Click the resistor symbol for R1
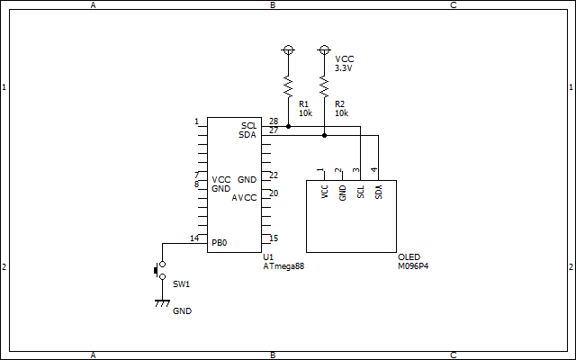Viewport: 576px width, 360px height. [288, 86]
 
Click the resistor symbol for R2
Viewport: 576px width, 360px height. [324, 86]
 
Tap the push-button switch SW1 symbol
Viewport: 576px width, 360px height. [160, 270]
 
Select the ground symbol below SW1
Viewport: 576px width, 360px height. [162, 303]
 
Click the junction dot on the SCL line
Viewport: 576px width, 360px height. [288, 126]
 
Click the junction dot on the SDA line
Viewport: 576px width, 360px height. [324, 136]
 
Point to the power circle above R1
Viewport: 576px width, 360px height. [288, 49]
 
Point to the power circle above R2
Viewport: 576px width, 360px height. [324, 49]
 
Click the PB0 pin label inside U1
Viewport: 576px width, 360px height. [220, 243]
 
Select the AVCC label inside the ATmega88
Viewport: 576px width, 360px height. [244, 198]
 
